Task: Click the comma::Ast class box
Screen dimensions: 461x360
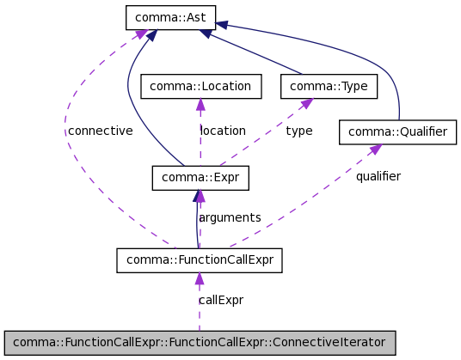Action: click(170, 18)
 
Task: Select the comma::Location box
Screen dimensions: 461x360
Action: click(200, 86)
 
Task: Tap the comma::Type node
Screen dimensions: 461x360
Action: click(329, 86)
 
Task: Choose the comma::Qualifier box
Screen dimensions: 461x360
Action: click(397, 131)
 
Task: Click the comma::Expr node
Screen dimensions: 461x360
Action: click(200, 178)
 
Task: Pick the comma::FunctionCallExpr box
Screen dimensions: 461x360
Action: click(200, 260)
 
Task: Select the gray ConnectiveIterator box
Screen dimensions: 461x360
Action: click(200, 343)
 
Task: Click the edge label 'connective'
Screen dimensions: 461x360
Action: click(101, 131)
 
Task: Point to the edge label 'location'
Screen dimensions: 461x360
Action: click(223, 131)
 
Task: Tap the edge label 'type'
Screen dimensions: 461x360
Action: click(299, 131)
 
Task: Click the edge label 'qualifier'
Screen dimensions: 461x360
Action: click(378, 176)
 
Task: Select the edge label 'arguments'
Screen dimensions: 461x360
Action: click(230, 217)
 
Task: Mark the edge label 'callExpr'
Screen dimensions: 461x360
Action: click(221, 300)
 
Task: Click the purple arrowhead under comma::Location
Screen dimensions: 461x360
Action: click(200, 104)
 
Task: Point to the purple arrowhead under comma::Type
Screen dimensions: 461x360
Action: click(306, 103)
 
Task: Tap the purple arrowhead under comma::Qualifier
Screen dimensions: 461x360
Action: click(376, 149)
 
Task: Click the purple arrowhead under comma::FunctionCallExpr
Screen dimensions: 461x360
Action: click(200, 278)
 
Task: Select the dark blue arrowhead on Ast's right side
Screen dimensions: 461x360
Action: click(221, 25)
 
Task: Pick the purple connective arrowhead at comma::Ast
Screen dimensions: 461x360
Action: click(142, 34)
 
